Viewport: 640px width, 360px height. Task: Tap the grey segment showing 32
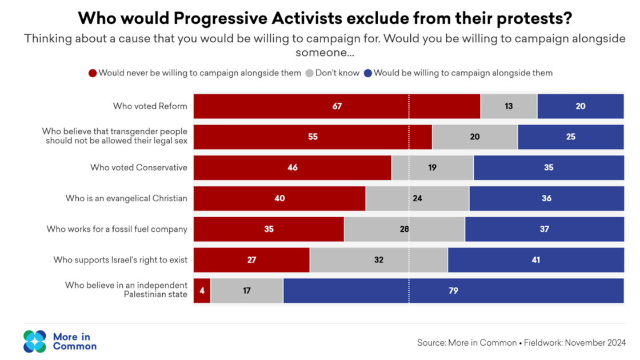click(378, 260)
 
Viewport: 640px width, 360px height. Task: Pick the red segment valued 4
click(202, 291)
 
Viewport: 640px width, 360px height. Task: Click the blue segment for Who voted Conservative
click(548, 168)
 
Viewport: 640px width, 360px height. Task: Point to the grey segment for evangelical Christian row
click(417, 199)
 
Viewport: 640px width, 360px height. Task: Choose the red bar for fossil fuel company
click(269, 229)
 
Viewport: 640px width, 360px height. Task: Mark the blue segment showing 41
click(535, 260)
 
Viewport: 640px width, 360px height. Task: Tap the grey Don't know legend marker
click(309, 73)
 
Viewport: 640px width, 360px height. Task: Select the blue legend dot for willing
click(368, 73)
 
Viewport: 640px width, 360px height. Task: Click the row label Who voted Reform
click(150, 106)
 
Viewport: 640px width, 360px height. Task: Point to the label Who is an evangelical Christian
click(126, 199)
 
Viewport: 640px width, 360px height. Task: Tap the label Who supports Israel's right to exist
click(121, 260)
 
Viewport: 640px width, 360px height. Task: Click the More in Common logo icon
click(35, 341)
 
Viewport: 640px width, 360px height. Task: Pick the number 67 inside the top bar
click(337, 106)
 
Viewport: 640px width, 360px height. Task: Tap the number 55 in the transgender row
click(313, 137)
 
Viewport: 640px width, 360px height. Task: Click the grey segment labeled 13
click(509, 106)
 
